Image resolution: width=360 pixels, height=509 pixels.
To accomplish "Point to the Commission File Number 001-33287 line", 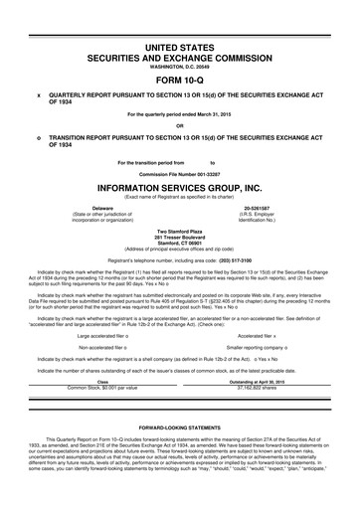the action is (179, 171).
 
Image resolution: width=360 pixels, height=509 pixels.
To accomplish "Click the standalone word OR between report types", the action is (179, 124).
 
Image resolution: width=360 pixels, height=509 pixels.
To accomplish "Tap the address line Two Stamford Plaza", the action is (179, 231).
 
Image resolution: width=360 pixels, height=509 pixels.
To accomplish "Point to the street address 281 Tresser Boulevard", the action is (179, 237).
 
